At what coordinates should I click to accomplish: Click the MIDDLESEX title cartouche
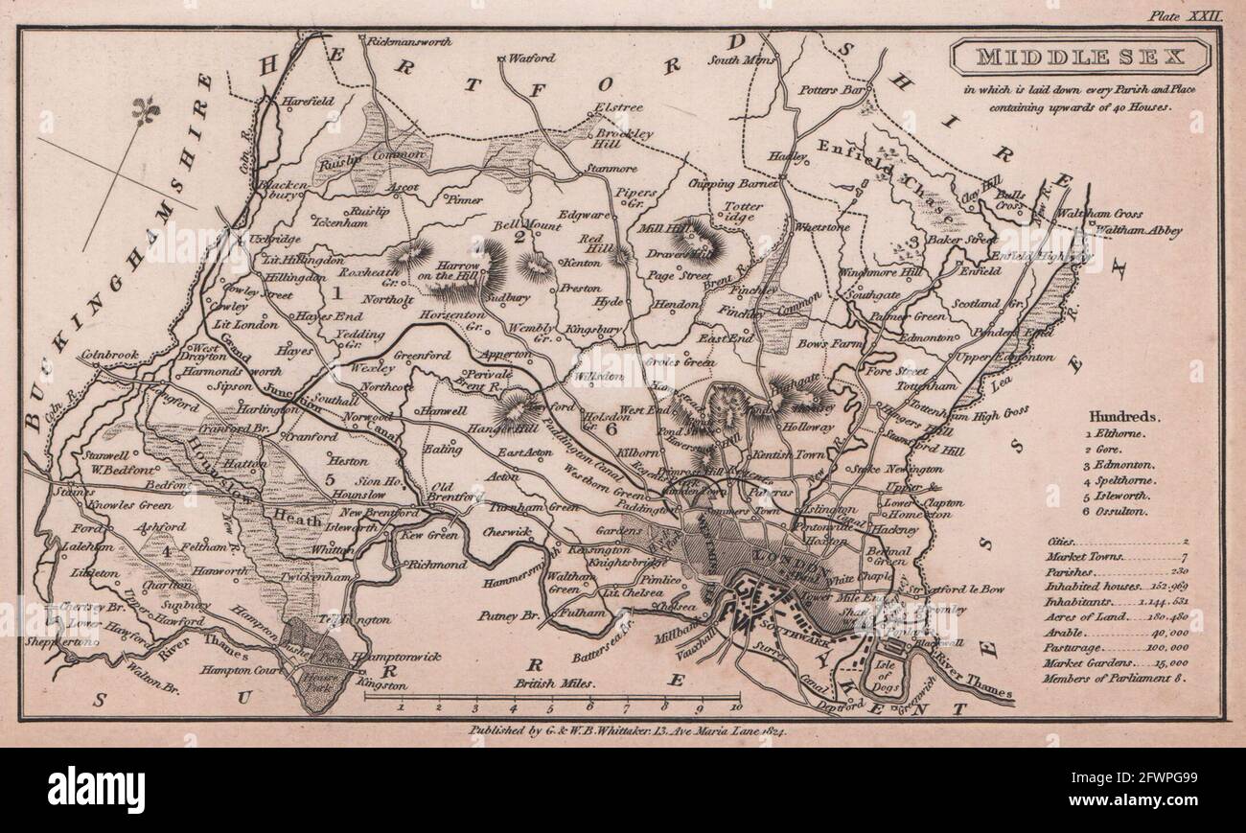click(1080, 58)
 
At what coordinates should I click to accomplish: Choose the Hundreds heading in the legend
click(1123, 418)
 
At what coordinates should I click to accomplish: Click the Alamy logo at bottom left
click(97, 790)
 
